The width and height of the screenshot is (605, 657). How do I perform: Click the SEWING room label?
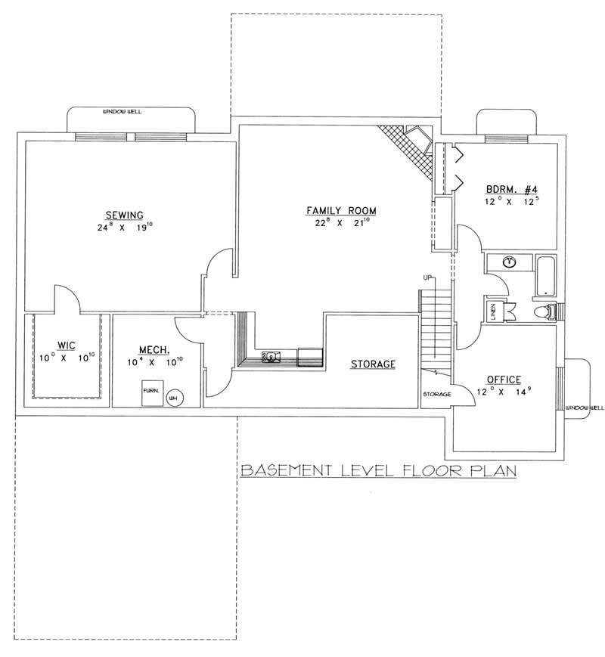coord(125,215)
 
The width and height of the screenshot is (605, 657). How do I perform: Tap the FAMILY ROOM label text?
coord(341,210)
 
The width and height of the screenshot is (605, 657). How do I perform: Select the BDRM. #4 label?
coord(510,190)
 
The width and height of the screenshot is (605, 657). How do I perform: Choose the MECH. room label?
coord(154,349)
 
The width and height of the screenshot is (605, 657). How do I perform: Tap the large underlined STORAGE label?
coord(373,364)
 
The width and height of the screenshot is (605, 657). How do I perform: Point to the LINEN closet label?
coord(491,310)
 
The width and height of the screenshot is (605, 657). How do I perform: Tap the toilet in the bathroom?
coord(543,311)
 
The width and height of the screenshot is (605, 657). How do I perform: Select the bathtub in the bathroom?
coord(544,275)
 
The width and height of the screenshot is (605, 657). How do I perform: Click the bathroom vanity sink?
coord(510,262)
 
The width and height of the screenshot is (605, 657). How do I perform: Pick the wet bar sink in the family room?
coord(269,355)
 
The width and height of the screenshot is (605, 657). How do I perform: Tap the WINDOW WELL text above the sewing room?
coord(122,113)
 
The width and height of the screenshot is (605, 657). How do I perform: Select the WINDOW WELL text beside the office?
coord(586,408)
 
